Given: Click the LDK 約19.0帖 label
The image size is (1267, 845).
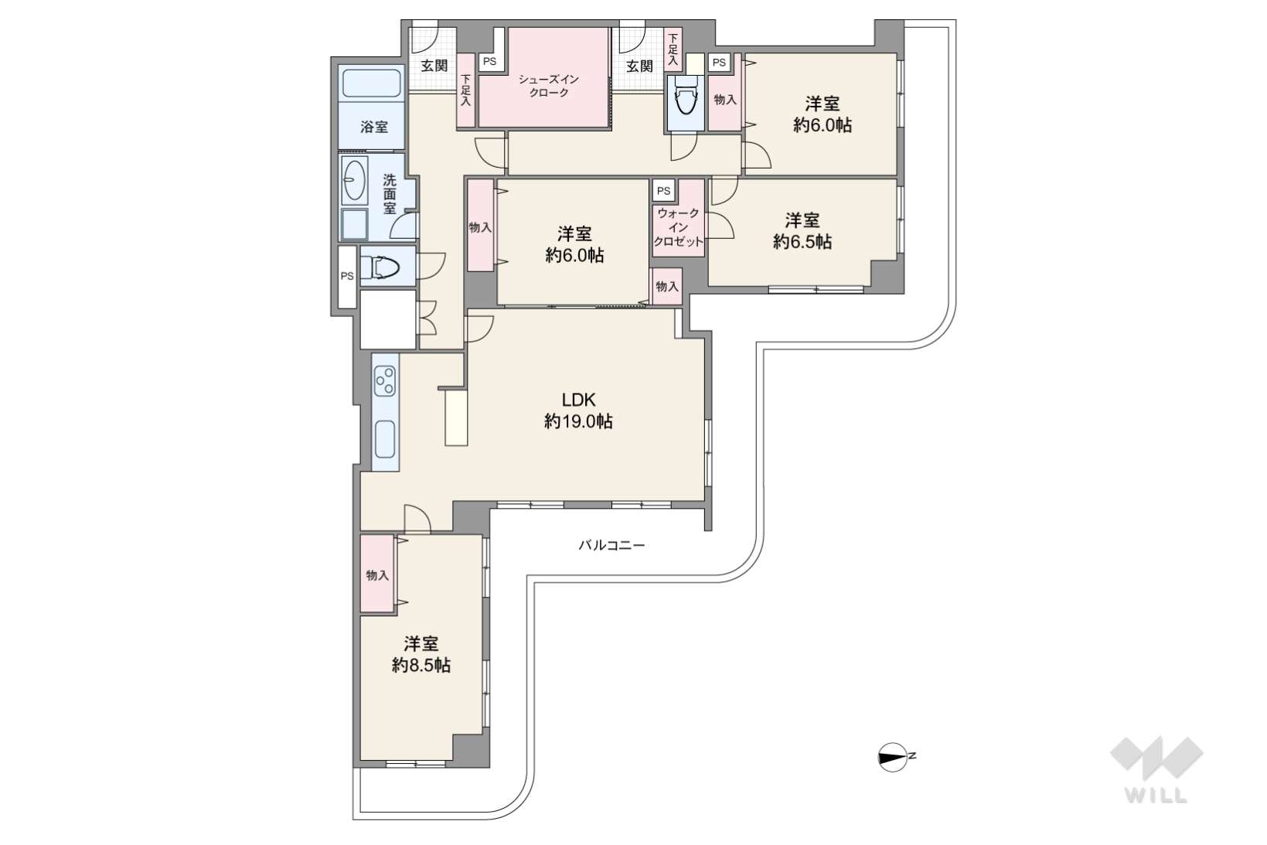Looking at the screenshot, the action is (578, 411).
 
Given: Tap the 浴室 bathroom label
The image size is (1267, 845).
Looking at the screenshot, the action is (374, 128).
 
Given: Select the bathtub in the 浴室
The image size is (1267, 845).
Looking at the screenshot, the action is (372, 83).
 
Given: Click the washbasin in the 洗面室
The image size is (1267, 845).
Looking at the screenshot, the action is (354, 180).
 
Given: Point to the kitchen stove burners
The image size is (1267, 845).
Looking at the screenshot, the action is (385, 380).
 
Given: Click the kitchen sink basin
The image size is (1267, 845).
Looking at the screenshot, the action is (385, 439).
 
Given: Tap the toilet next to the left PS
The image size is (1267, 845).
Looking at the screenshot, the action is (380, 267).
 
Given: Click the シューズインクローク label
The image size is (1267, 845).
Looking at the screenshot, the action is (548, 86).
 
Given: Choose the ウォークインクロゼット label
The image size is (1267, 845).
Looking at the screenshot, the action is (678, 227).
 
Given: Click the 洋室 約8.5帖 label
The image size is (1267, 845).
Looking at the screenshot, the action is (421, 654).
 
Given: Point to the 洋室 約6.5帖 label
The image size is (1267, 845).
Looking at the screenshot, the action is (802, 230).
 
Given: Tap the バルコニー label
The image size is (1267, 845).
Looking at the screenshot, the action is (611, 545).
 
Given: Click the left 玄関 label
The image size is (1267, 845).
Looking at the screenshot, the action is (434, 66).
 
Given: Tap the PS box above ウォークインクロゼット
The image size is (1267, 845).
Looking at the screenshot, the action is (663, 191).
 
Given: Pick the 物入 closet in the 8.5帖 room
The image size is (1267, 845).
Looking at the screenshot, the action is (377, 574).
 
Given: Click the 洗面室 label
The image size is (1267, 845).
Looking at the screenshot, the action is (390, 194).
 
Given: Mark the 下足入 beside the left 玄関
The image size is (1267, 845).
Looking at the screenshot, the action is (465, 90).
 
